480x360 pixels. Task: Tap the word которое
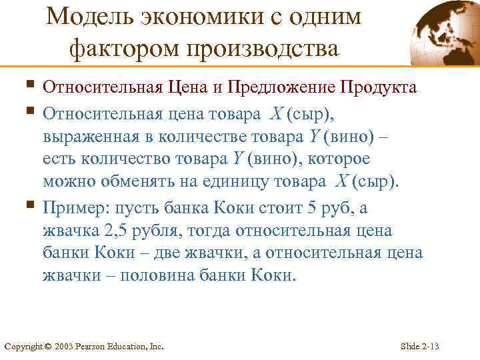333,159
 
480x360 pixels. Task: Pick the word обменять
123,183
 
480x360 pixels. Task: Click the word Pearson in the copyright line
91,347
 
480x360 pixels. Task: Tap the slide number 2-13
430,347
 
